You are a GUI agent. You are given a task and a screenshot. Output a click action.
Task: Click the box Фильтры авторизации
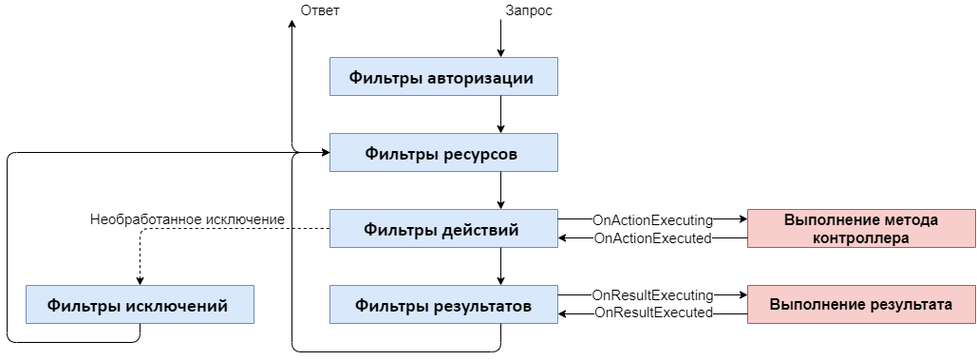tap(443, 77)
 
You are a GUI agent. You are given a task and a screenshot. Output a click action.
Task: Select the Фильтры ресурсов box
tap(443, 153)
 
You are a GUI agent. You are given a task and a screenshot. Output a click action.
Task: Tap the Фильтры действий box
tap(443, 229)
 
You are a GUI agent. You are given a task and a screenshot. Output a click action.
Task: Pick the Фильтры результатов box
tap(443, 305)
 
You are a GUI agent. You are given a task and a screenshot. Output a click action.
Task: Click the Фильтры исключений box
tap(140, 305)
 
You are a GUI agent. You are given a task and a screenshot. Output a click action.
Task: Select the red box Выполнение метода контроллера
tap(861, 229)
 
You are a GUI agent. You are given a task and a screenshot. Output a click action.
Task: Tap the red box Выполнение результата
tap(861, 305)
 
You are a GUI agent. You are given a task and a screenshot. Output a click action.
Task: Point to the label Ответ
tap(319, 10)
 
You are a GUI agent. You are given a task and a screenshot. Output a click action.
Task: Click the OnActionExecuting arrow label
tap(652, 219)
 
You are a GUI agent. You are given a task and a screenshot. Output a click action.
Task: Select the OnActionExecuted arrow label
tap(652, 238)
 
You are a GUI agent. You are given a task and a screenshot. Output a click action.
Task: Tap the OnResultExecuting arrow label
tap(652, 295)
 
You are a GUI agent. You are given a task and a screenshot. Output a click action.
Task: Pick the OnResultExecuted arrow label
tap(652, 312)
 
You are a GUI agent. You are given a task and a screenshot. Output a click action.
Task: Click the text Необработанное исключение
tap(188, 219)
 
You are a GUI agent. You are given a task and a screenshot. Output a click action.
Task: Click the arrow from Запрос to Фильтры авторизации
tap(500, 40)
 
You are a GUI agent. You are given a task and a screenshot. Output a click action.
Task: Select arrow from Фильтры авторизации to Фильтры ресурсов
tap(500, 115)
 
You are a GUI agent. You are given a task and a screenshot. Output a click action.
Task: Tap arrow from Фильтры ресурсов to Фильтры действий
tap(500, 191)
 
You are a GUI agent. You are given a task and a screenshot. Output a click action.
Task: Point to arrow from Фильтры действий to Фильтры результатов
tap(500, 267)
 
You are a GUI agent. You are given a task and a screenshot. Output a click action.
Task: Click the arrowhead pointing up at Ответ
tap(291, 24)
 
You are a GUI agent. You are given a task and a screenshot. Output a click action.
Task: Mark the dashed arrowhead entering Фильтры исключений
tap(140, 280)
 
